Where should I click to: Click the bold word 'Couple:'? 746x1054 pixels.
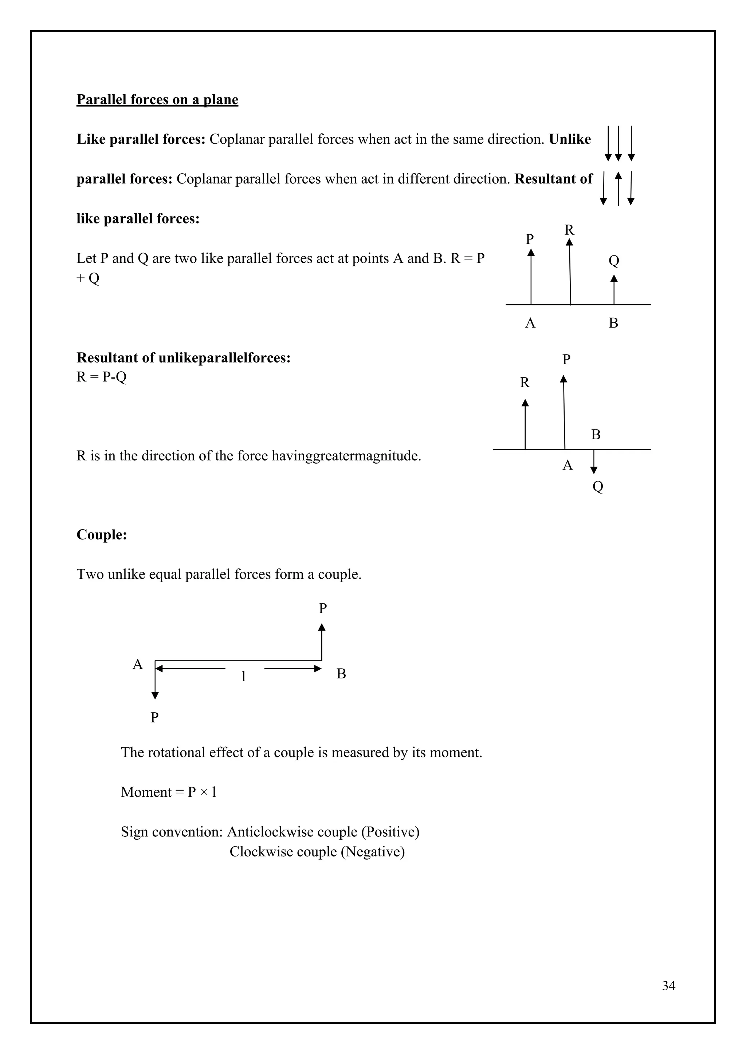point(102,534)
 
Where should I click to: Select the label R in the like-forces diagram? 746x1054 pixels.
point(569,230)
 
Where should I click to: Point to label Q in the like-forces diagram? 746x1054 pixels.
point(614,261)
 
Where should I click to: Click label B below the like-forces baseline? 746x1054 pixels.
point(613,323)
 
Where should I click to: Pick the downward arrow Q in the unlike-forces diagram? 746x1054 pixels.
point(594,462)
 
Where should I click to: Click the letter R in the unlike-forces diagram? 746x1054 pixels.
point(525,383)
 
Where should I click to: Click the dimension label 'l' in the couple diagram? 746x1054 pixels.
point(243,676)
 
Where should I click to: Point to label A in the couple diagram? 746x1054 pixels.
point(137,664)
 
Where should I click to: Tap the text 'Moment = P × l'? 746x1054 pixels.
point(169,792)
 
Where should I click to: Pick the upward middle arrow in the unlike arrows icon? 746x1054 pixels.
point(618,188)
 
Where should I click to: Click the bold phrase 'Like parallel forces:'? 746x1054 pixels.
point(141,139)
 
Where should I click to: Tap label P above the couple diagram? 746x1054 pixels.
point(323,608)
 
